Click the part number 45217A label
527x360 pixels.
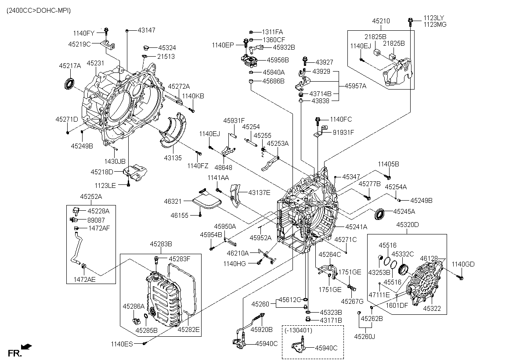tap(70, 66)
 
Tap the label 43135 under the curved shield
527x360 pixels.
tap(173, 157)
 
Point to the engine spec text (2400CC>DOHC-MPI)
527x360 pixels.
tap(38, 10)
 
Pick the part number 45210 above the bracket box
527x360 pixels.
tap(381, 21)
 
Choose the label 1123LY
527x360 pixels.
tap(435, 18)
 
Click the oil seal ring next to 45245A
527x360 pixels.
tap(380, 215)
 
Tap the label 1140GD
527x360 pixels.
tap(463, 264)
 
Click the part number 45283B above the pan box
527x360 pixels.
tap(160, 244)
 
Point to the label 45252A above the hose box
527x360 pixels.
tap(90, 196)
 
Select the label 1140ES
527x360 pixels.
tap(122, 344)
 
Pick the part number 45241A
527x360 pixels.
tap(356, 227)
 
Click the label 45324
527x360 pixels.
tap(167, 47)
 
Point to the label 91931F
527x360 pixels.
tap(343, 132)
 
